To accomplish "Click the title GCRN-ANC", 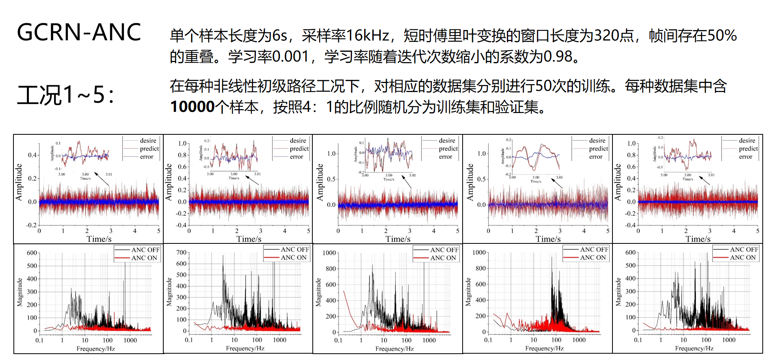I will coord(79,32).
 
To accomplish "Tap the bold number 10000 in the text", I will coord(192,107).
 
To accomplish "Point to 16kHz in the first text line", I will coord(367,36).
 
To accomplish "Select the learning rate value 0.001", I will coord(290,57).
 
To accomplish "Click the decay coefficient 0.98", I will coord(558,57).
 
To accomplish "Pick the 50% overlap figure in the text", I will coord(722,36).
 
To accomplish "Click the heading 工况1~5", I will coord(65,95).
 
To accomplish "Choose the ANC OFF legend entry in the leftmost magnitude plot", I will coord(145,250).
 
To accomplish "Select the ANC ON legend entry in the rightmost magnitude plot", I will coord(743,258).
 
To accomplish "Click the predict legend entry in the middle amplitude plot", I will coord(448,149).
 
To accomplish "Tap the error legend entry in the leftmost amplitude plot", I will coord(146,157).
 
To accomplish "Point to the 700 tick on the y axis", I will coord(181,253).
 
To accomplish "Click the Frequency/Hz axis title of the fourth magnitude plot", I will coord(544,349).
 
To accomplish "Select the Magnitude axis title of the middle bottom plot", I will coord(318,292).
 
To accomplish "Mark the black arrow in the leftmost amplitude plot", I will coord(102,179).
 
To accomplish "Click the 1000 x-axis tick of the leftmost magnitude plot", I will coord(130,340).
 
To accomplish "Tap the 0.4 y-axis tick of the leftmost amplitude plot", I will coord(32,155).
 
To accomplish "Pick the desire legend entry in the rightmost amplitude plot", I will coord(747,141).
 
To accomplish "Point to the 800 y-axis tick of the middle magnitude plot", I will coord(331,269).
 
